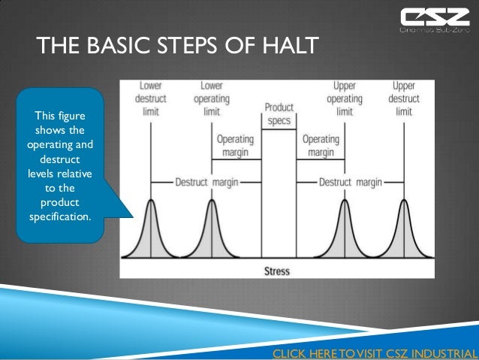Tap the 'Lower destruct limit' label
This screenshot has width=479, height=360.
click(152, 99)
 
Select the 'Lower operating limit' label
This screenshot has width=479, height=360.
click(212, 99)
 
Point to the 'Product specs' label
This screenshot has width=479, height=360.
click(279, 114)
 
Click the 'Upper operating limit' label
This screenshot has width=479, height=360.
click(345, 99)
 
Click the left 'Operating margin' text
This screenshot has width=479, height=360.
click(235, 145)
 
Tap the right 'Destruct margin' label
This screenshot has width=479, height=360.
click(350, 181)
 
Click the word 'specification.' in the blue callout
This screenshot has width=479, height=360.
click(60, 218)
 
